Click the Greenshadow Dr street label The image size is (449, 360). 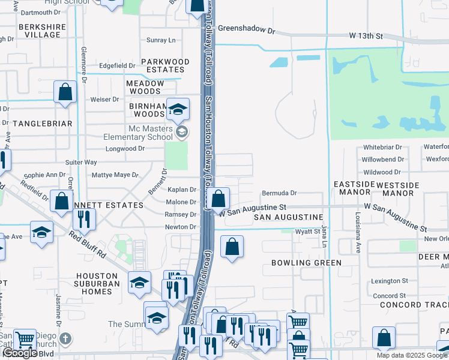(246, 28)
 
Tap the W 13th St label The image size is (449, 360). (366, 37)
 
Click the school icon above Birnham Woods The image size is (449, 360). (178, 110)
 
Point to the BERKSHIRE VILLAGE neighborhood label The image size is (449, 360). (40, 31)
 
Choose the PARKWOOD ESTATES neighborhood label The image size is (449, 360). (165, 65)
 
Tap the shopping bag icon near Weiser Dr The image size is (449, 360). (65, 92)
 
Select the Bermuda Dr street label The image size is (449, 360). (279, 193)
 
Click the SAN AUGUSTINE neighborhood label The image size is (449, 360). (288, 217)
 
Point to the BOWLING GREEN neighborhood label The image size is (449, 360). (306, 263)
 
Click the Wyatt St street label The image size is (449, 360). (307, 232)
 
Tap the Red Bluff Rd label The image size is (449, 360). (87, 244)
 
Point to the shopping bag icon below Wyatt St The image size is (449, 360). (232, 247)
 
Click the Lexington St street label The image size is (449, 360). (389, 281)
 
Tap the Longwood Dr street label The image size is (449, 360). (125, 149)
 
